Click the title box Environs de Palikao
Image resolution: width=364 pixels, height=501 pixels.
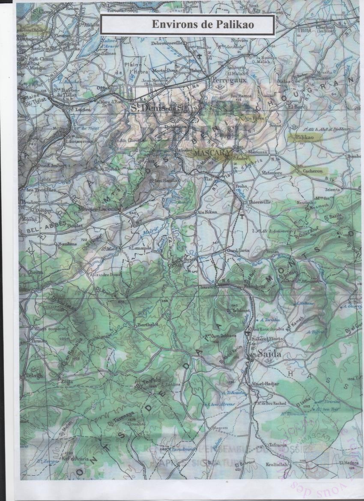[x=187, y=25]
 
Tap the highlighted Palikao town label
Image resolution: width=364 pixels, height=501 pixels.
[x=304, y=137]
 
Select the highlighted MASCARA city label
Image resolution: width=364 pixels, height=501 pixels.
[x=207, y=152]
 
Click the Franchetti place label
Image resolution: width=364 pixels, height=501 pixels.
[x=254, y=286]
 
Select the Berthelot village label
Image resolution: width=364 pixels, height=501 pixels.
[x=148, y=325]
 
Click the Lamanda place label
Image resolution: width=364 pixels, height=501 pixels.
[x=142, y=248]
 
